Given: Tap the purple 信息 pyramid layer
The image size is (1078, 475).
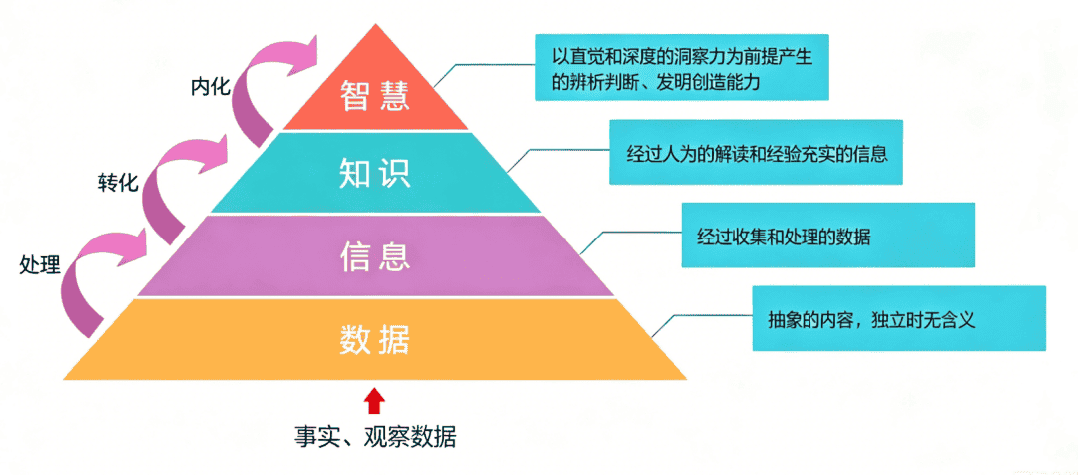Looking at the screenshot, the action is pos(375,255).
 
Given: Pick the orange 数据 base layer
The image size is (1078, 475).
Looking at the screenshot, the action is pos(375,339).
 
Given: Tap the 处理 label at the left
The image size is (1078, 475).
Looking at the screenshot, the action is pos(40,264).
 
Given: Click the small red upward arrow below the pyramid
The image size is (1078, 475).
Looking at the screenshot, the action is pos(374,401).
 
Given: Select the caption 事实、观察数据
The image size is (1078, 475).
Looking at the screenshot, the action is pos(375,437).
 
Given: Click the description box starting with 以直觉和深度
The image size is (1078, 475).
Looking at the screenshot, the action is pos(682,68).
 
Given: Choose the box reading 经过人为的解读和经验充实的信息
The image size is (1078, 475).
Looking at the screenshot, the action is pos(756,152).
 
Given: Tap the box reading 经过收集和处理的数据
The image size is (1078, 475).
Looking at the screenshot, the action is pos(827,236).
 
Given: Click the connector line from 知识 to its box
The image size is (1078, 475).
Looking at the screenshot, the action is pos(557,151).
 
